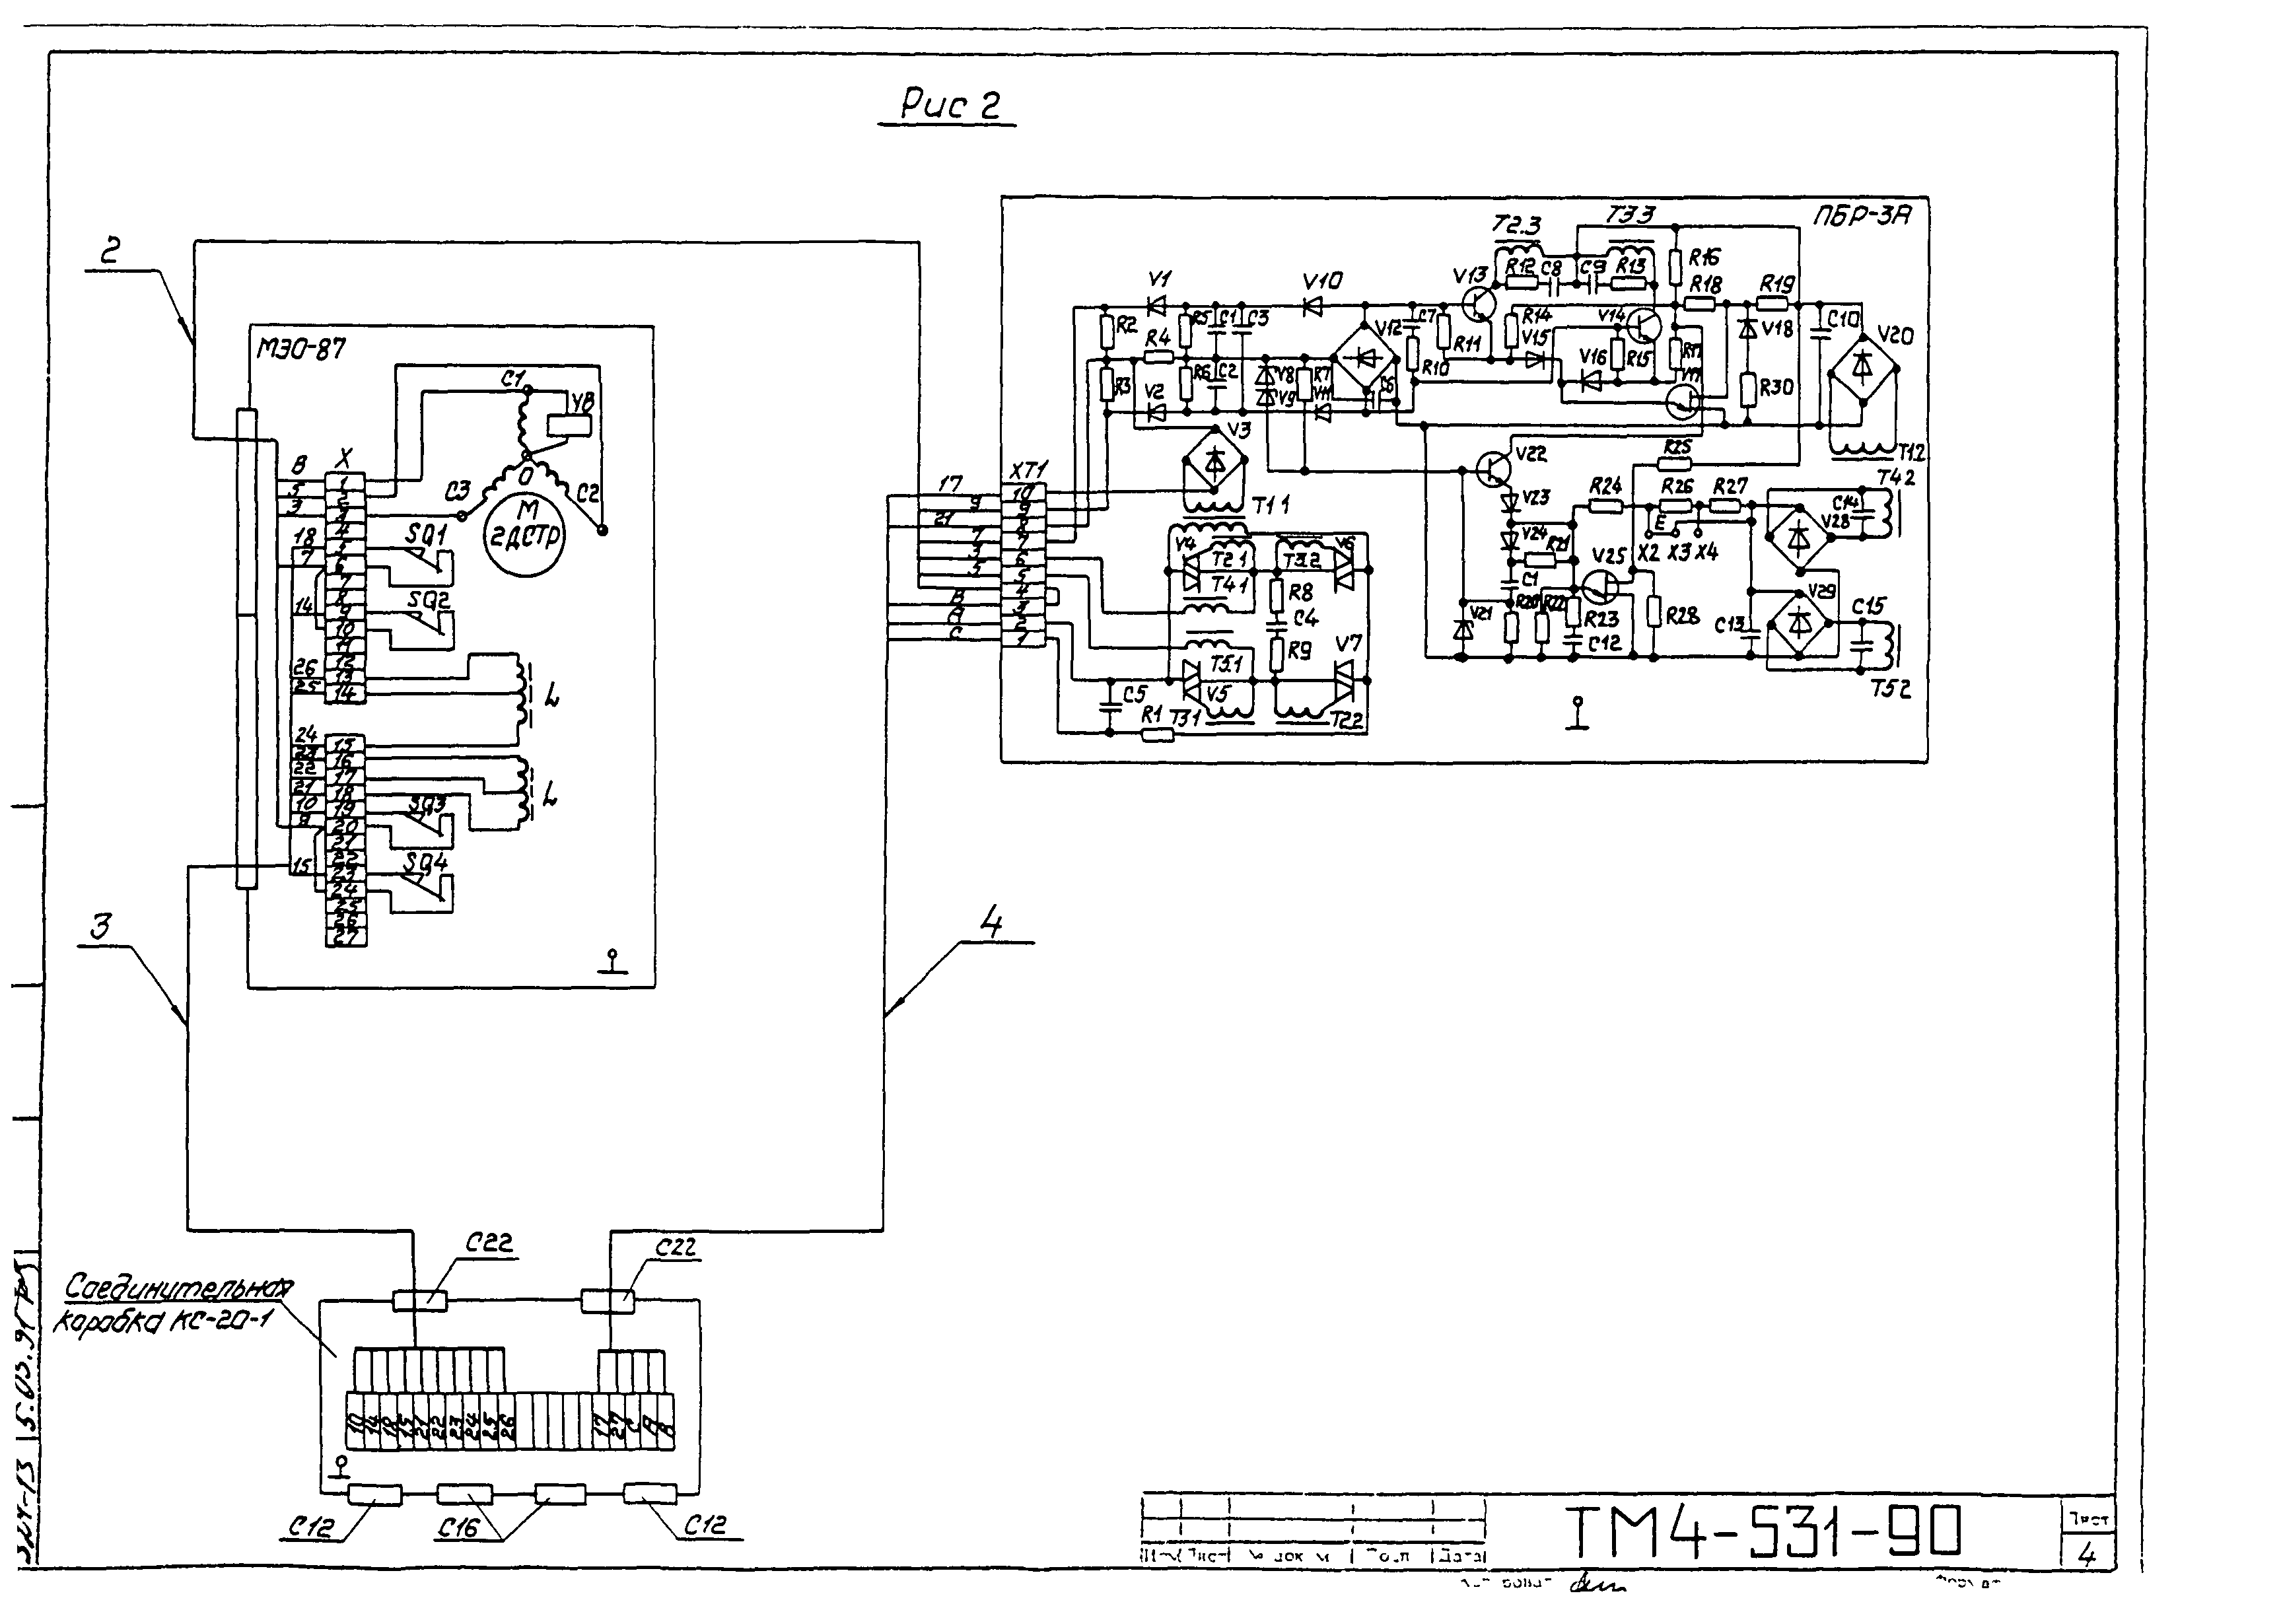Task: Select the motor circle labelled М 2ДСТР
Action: point(524,526)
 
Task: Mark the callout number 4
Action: point(991,923)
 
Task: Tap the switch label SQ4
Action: point(425,862)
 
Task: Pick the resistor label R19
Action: point(1776,284)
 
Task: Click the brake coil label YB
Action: point(583,402)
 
